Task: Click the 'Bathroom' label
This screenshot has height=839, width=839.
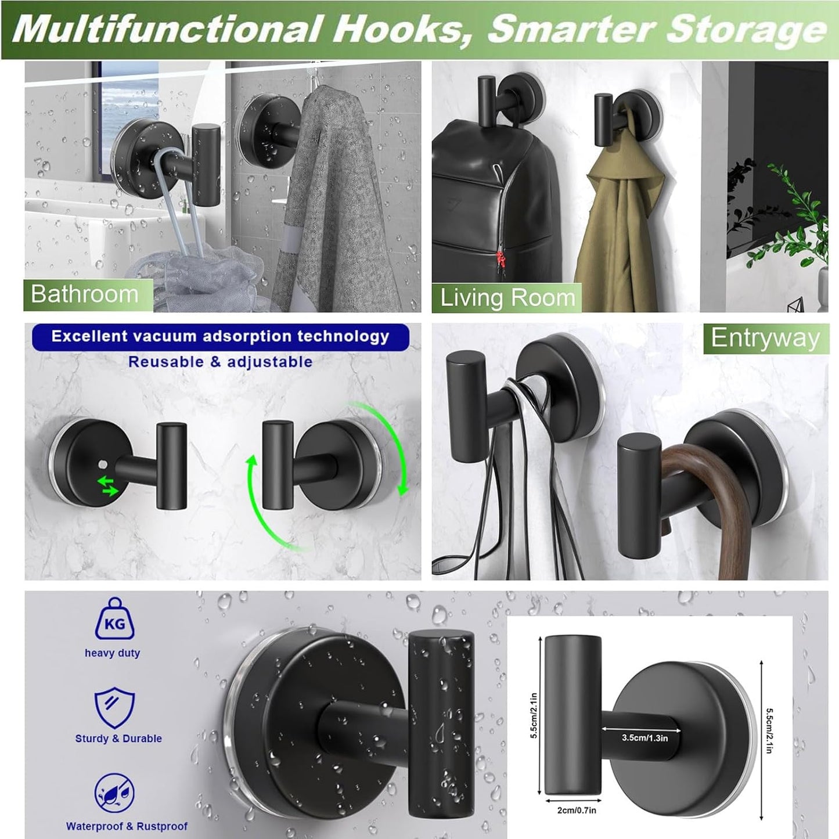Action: tap(85, 294)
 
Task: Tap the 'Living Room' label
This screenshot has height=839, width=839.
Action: tap(507, 298)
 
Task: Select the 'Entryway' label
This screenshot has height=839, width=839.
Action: tap(765, 338)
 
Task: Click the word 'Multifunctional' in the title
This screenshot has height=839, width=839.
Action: tap(168, 29)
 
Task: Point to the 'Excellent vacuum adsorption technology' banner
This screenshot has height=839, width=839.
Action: tap(220, 337)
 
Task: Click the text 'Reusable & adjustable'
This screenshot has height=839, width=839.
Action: tap(220, 362)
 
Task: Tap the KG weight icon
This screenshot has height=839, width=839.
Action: tap(114, 620)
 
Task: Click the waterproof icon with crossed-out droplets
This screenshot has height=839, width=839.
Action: tap(114, 794)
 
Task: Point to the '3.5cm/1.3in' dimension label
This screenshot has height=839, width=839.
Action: tap(644, 738)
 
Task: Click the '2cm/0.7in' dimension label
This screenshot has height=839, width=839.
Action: tap(577, 810)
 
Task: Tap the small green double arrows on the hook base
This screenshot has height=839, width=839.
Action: tap(108, 486)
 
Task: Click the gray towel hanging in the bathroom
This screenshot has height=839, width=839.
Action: tap(337, 203)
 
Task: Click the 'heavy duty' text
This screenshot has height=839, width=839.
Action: tap(112, 653)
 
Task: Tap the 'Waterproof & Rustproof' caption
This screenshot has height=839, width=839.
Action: tap(127, 826)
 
